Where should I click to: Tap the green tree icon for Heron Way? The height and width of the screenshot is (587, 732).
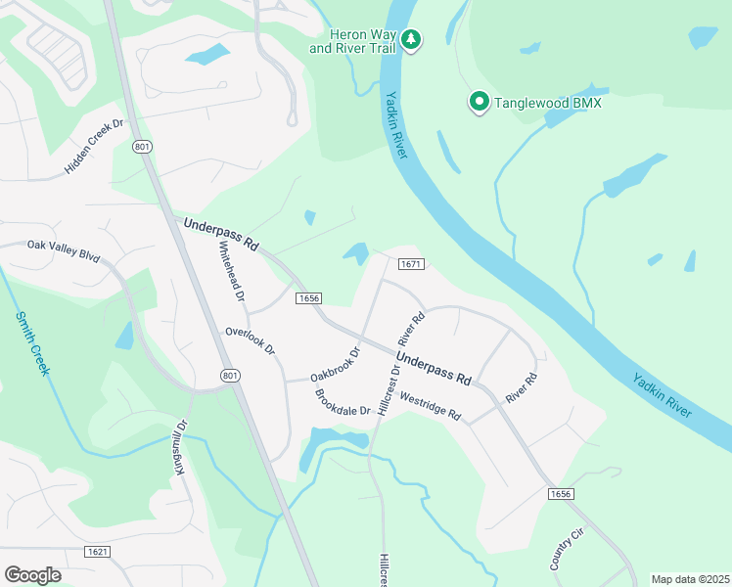tap(412, 40)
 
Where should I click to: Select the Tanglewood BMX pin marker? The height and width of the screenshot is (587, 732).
tap(479, 102)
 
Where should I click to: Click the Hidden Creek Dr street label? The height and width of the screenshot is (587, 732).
tap(96, 146)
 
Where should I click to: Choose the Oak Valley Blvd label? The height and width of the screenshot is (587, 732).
tap(64, 250)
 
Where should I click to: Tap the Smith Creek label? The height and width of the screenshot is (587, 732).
tap(32, 343)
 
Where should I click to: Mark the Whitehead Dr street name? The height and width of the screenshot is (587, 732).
tap(232, 270)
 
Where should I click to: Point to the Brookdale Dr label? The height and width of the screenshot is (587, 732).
tap(343, 403)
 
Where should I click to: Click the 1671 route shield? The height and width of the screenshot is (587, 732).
tap(410, 264)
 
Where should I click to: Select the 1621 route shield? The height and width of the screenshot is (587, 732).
tap(98, 552)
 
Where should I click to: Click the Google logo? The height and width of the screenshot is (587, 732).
tap(32, 574)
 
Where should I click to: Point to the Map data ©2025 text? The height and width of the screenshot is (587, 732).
tap(689, 579)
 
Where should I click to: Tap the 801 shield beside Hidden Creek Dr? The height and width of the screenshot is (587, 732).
tap(143, 147)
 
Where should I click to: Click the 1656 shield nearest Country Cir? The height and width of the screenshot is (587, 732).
tap(560, 494)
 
